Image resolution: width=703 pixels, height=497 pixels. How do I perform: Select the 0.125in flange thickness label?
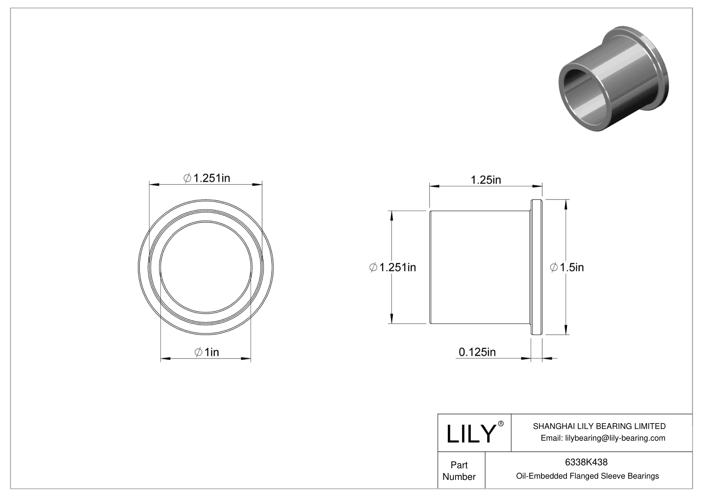(477, 352)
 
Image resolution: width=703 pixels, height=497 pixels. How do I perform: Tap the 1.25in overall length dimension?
(486, 180)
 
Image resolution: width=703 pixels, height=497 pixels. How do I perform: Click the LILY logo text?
(470, 434)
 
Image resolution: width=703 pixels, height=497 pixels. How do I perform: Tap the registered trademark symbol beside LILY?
(501, 424)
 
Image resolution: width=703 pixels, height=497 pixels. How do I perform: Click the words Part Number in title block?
(459, 471)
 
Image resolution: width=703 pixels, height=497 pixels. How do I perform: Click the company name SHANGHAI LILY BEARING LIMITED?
(599, 426)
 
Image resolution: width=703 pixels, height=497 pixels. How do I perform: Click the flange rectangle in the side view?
(536, 267)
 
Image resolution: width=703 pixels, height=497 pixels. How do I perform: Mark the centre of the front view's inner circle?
(206, 267)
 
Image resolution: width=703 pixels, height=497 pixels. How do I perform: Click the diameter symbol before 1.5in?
(554, 267)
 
